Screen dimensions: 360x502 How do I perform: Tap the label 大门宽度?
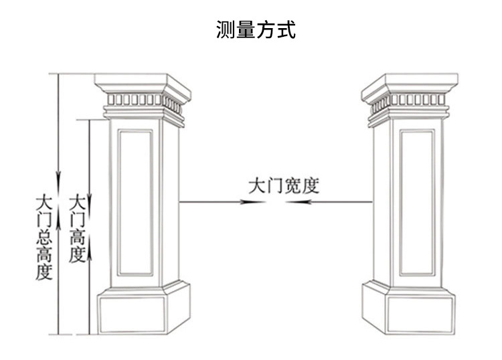(x=283, y=185)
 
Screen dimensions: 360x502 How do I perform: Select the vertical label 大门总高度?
(x=45, y=237)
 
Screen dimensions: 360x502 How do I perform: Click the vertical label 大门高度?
(x=78, y=230)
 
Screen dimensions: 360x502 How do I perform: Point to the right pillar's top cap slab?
(x=408, y=84)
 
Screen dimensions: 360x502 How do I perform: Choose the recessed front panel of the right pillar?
(x=416, y=202)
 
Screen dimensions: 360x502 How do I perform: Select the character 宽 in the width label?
(x=293, y=185)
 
